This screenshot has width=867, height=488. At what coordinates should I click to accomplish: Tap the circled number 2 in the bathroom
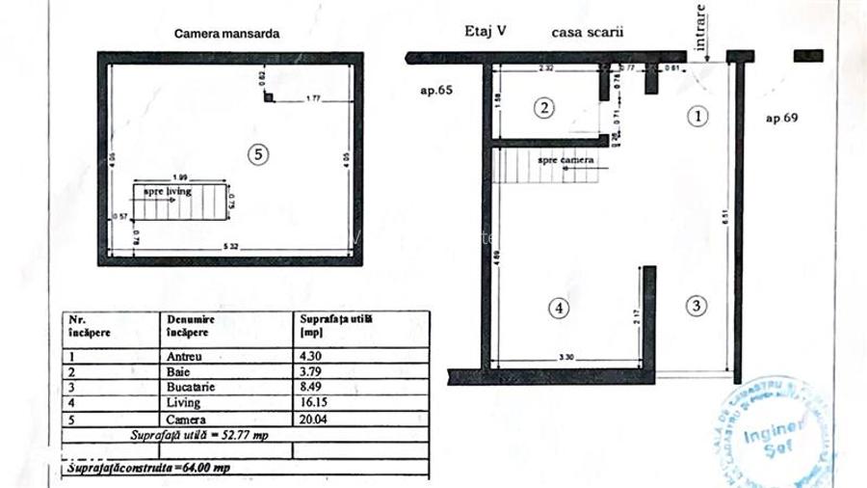tap(544, 108)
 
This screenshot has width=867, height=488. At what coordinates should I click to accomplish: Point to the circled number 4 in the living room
tap(561, 309)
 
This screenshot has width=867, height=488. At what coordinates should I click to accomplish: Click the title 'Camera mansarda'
tap(226, 32)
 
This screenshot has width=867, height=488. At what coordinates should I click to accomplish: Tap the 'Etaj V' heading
tap(486, 31)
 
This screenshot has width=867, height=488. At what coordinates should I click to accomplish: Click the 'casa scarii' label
tap(588, 32)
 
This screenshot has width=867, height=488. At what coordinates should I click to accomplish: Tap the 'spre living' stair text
tap(169, 191)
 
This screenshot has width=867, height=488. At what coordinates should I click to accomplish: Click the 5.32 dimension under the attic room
tap(226, 248)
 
